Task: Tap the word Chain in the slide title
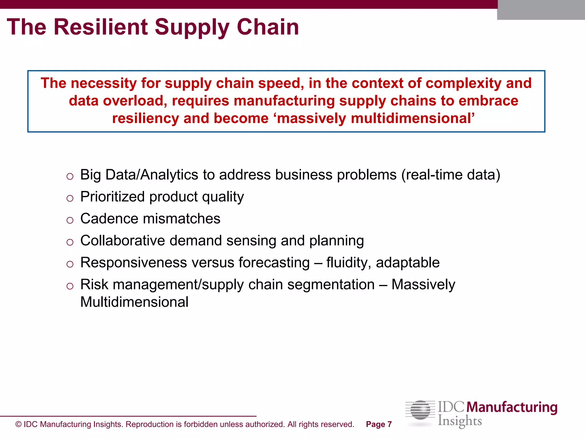(268, 27)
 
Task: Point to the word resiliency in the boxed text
(145, 118)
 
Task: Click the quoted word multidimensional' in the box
(412, 118)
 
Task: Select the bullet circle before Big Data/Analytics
(70, 176)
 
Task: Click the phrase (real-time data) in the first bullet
(450, 175)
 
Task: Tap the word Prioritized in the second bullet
(113, 197)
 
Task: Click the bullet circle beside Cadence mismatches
(70, 220)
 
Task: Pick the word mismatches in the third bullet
(181, 219)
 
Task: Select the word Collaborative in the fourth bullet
(123, 241)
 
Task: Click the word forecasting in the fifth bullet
(274, 263)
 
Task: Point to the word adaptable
(408, 263)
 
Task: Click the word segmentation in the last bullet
(331, 285)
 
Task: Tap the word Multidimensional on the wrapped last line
(134, 302)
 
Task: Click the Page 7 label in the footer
(378, 424)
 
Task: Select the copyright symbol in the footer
(19, 424)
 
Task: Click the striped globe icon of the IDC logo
(420, 410)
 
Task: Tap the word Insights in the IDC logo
(460, 421)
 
